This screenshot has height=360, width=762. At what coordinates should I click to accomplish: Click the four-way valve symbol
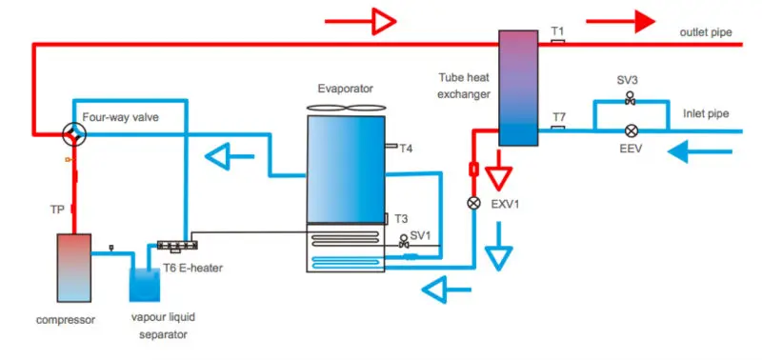click(73, 134)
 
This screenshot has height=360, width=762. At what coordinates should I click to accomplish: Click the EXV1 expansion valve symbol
click(473, 203)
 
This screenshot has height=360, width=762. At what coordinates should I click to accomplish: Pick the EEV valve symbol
click(630, 130)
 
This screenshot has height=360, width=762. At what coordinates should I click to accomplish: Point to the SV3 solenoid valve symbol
click(630, 99)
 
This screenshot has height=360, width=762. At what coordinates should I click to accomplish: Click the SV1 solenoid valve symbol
click(405, 239)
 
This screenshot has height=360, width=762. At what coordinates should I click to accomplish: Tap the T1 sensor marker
click(558, 41)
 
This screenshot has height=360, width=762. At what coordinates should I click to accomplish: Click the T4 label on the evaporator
click(407, 149)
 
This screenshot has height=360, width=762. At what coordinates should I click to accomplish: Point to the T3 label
click(401, 218)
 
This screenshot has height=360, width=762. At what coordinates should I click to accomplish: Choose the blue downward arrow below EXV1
click(497, 253)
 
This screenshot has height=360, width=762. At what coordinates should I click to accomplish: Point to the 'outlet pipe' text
click(705, 32)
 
